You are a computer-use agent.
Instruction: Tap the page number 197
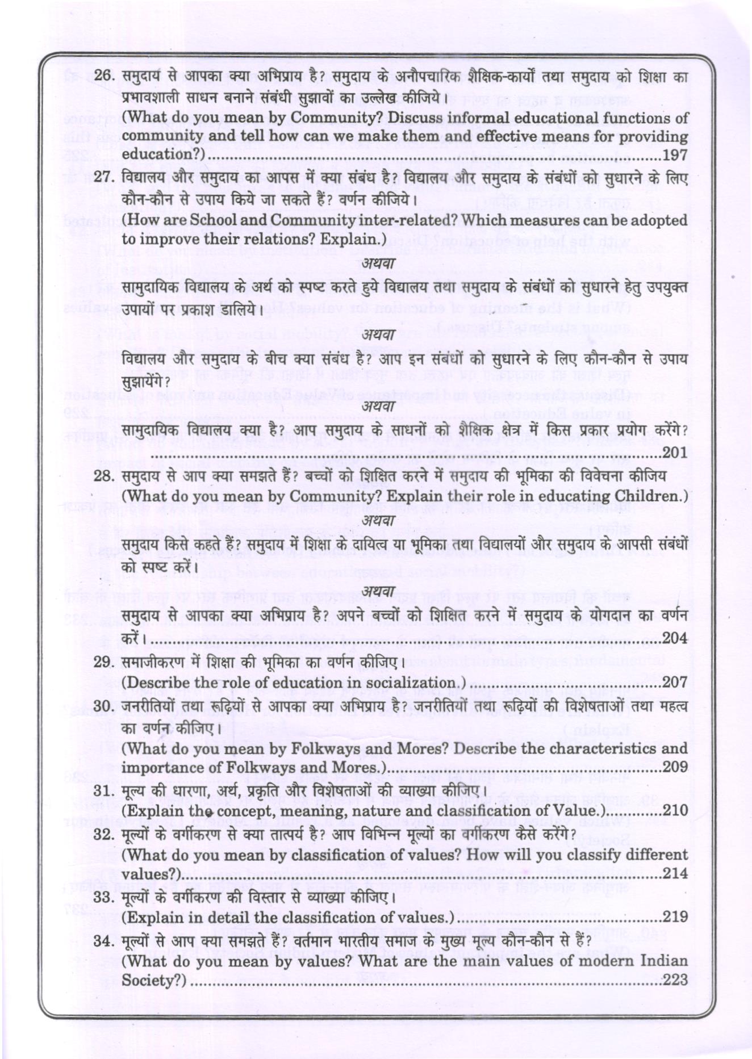point(675,155)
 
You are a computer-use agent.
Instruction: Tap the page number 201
point(675,453)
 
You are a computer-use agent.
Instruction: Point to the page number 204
point(675,638)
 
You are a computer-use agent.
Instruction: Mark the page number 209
point(675,767)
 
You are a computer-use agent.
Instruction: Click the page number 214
point(675,873)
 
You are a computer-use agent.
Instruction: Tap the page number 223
point(675,980)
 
